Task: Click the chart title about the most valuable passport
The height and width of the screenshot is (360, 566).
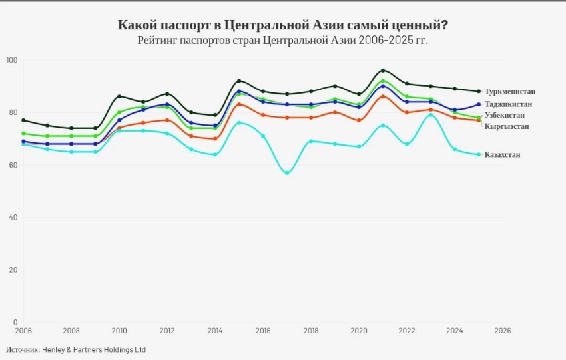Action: pyautogui.click(x=283, y=25)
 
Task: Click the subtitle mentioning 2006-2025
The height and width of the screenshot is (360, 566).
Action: pyautogui.click(x=283, y=41)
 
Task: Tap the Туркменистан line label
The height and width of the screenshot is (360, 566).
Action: pyautogui.click(x=510, y=91)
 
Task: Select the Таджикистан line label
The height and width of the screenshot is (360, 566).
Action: pyautogui.click(x=508, y=104)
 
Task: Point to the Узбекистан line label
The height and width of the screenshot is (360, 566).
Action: pyautogui.click(x=507, y=115)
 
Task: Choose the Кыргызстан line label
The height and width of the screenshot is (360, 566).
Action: pyautogui.click(x=507, y=126)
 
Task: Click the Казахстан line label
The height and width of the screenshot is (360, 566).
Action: pyautogui.click(x=503, y=154)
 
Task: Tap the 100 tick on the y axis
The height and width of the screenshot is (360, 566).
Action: pyautogui.click(x=11, y=60)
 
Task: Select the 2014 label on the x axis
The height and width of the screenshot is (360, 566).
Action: pyautogui.click(x=215, y=331)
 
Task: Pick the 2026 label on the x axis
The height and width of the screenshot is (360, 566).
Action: pyautogui.click(x=503, y=331)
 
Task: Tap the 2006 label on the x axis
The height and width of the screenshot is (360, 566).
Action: pyautogui.click(x=23, y=331)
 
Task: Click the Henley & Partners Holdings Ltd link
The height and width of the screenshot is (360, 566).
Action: pyautogui.click(x=94, y=349)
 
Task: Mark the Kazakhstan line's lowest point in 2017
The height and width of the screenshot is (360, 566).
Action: pyautogui.click(x=287, y=173)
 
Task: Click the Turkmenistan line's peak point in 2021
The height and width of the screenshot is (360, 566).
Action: pyautogui.click(x=383, y=70)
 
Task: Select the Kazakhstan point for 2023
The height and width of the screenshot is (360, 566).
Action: pyautogui.click(x=431, y=114)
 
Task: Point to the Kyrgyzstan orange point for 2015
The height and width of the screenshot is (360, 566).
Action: pyautogui.click(x=239, y=104)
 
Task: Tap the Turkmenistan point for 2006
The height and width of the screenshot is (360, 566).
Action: pyautogui.click(x=23, y=120)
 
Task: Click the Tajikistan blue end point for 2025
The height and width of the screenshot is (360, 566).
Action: pyautogui.click(x=479, y=104)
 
